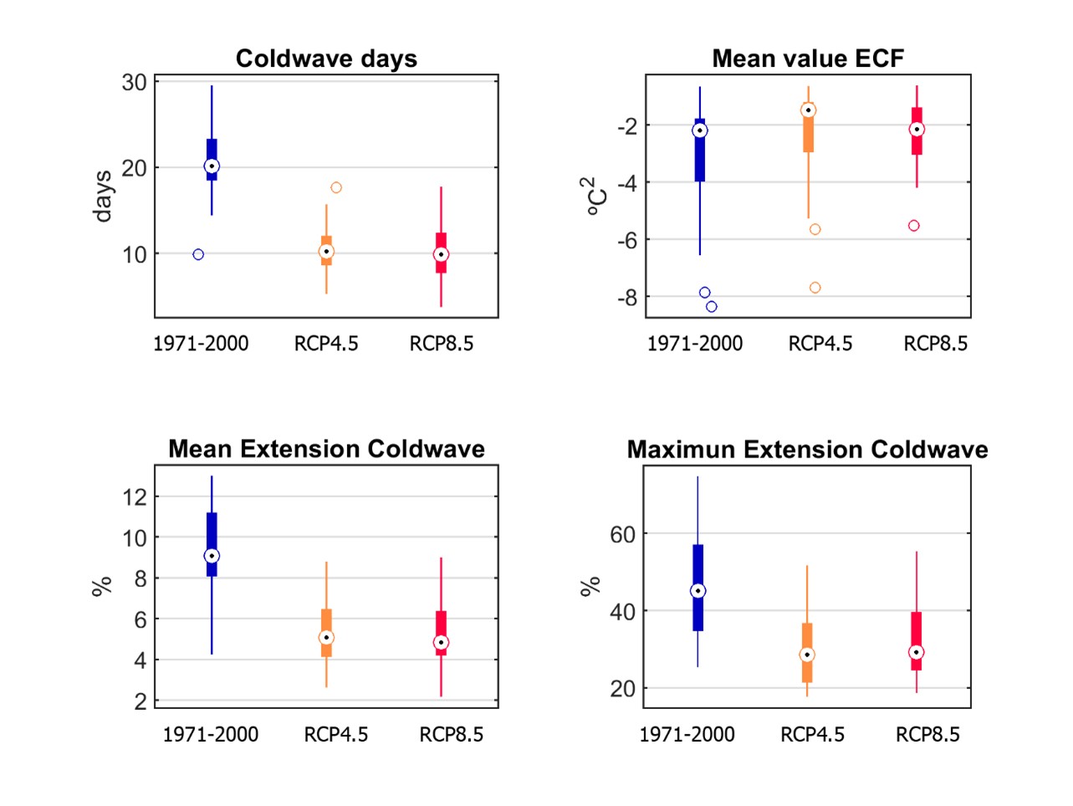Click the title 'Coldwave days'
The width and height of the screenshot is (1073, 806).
(x=326, y=59)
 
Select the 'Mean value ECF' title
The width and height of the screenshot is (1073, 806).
(x=808, y=59)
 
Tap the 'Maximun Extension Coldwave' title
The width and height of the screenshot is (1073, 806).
(x=807, y=450)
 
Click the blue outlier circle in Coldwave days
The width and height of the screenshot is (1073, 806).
(x=198, y=254)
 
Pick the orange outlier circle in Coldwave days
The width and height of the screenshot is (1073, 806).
(x=336, y=187)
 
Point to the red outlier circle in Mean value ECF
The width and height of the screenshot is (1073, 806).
(x=914, y=226)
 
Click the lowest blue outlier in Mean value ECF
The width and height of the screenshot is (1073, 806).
(x=712, y=307)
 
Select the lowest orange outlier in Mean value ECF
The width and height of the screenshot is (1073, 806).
(x=815, y=288)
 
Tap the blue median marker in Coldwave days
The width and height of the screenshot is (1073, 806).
(x=212, y=166)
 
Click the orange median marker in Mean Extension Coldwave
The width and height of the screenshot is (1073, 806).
(x=326, y=638)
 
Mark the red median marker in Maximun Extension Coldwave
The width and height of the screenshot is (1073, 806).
(x=917, y=652)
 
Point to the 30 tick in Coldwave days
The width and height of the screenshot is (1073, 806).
(x=135, y=82)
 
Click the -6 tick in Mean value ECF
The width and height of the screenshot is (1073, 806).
(x=626, y=240)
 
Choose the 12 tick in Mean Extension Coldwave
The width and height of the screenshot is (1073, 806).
(x=135, y=497)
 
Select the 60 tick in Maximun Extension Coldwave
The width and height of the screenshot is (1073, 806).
(x=623, y=534)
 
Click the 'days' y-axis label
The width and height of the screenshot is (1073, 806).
(x=103, y=196)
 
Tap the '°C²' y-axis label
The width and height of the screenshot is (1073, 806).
(x=591, y=196)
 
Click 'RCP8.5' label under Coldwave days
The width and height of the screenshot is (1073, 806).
(x=442, y=344)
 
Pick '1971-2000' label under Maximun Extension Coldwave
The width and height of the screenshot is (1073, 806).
(x=687, y=735)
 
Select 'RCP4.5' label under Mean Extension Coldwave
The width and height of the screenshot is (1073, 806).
(x=336, y=735)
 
